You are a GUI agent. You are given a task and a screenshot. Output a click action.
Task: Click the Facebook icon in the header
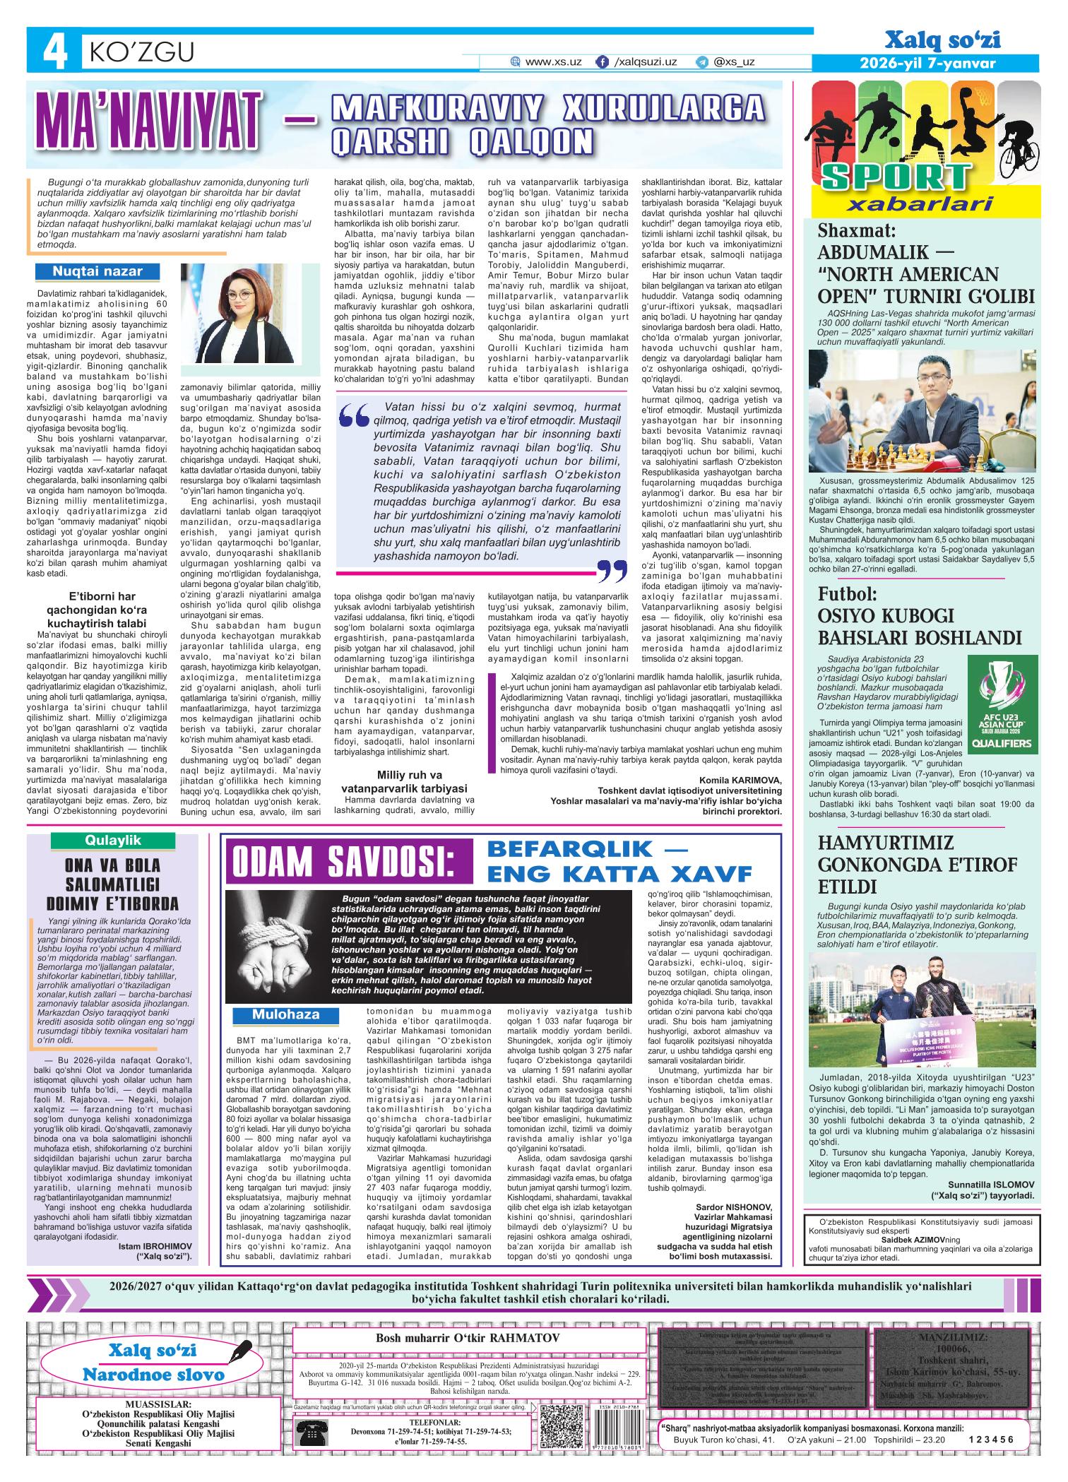(x=603, y=62)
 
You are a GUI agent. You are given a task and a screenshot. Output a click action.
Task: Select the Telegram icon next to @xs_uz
(x=701, y=62)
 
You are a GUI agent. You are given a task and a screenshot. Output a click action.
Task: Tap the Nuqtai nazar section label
(x=97, y=271)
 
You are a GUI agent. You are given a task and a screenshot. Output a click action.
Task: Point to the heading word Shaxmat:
(x=856, y=231)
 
